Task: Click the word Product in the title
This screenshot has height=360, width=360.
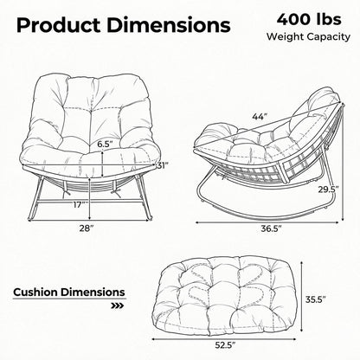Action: [x=58, y=25]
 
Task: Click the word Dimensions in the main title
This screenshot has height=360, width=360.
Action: [x=169, y=25]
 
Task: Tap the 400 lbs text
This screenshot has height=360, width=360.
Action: [x=309, y=20]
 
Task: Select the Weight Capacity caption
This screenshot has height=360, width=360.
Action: [x=308, y=36]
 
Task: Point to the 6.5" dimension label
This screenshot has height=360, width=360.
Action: [x=105, y=145]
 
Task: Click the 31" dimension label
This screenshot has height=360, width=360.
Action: [x=163, y=165]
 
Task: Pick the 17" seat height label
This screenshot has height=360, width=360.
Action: [x=80, y=205]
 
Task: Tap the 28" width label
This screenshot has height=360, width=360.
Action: [x=87, y=228]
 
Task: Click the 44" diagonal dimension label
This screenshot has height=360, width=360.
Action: [x=260, y=117]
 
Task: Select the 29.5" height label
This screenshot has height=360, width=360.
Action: [x=328, y=190]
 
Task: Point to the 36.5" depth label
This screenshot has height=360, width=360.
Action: [x=271, y=228]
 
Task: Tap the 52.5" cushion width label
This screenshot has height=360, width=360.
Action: [x=225, y=345]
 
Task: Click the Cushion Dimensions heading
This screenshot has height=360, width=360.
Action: [x=69, y=292]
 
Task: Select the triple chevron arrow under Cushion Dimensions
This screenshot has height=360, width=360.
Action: [x=118, y=305]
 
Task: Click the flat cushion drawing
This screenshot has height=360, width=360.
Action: [x=224, y=293]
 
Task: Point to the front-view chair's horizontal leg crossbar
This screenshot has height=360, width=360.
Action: [x=88, y=202]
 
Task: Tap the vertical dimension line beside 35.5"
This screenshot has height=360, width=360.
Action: [x=301, y=297]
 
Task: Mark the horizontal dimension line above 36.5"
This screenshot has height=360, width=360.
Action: [x=267, y=222]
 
